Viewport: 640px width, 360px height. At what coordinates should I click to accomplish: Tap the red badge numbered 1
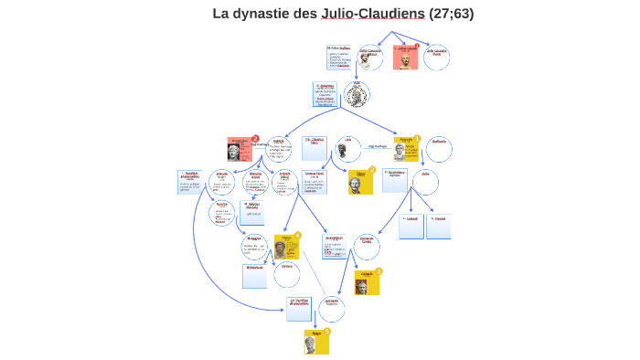tap(417, 46)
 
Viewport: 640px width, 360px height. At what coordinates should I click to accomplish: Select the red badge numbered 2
tap(255, 139)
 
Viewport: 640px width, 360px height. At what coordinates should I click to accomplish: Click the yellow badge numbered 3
tap(379, 271)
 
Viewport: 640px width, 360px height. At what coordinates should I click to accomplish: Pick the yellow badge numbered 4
tap(297, 236)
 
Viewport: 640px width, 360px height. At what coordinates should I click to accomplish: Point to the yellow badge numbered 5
tap(326, 332)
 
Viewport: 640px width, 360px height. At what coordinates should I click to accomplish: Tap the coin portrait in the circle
tap(357, 92)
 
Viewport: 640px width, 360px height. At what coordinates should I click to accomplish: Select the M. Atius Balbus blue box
tap(339, 57)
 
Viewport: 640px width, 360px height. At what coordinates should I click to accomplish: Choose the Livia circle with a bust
tap(347, 150)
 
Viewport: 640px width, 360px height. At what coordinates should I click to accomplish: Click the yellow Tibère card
tap(360, 181)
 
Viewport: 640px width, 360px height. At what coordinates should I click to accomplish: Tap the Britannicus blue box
tap(255, 275)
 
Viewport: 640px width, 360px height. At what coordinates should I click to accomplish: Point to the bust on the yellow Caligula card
tap(361, 286)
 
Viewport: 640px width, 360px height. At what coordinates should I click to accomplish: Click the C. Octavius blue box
tap(324, 96)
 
